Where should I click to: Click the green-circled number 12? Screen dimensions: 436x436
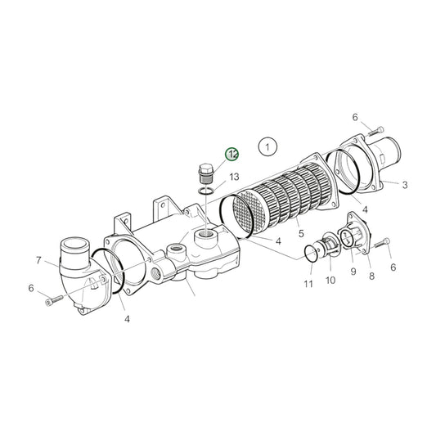[233, 154]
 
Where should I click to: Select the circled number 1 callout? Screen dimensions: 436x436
[266, 147]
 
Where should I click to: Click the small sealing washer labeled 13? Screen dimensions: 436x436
[208, 192]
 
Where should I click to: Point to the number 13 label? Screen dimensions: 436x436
[234, 177]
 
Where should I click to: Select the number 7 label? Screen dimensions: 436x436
[38, 260]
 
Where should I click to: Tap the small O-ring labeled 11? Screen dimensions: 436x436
[313, 254]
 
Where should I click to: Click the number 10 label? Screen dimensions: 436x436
[330, 280]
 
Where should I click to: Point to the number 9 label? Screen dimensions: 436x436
[353, 271]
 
